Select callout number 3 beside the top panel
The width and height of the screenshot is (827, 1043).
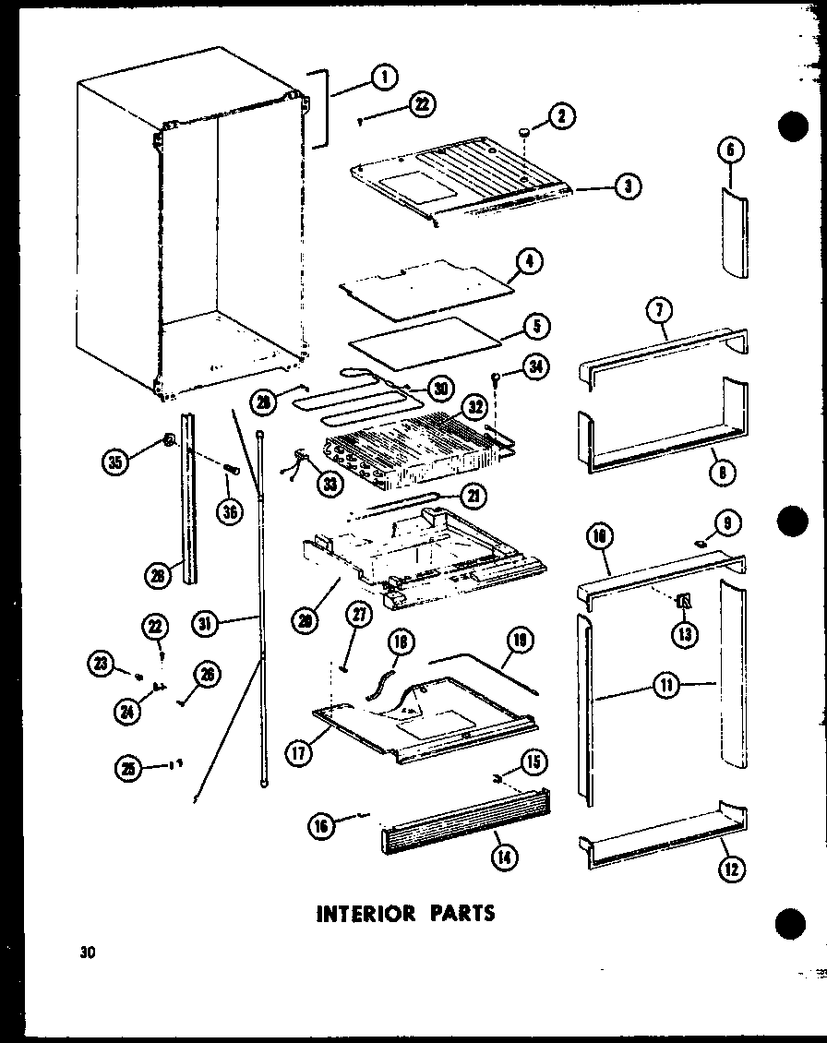tap(628, 186)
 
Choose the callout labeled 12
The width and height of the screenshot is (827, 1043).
tap(733, 868)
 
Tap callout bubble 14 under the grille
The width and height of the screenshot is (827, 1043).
tap(504, 857)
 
